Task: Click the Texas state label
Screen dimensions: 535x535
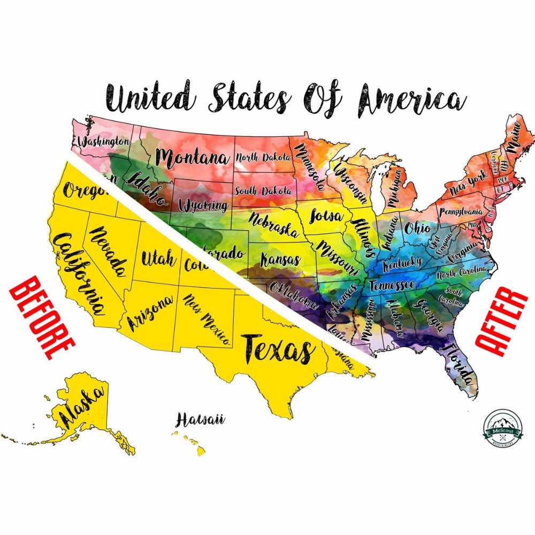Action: pos(278,349)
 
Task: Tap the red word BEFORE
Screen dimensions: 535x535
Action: pos(41,318)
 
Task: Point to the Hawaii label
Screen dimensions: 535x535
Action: pos(200,419)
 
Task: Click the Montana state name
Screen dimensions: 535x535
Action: pos(192,158)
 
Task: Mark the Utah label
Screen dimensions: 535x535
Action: pos(158,259)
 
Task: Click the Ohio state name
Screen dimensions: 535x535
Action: pos(417,228)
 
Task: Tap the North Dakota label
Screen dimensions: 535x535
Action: pos(264,157)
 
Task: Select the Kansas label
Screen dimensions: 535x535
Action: pos(280,261)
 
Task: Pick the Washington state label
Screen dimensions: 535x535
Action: pos(103,142)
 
